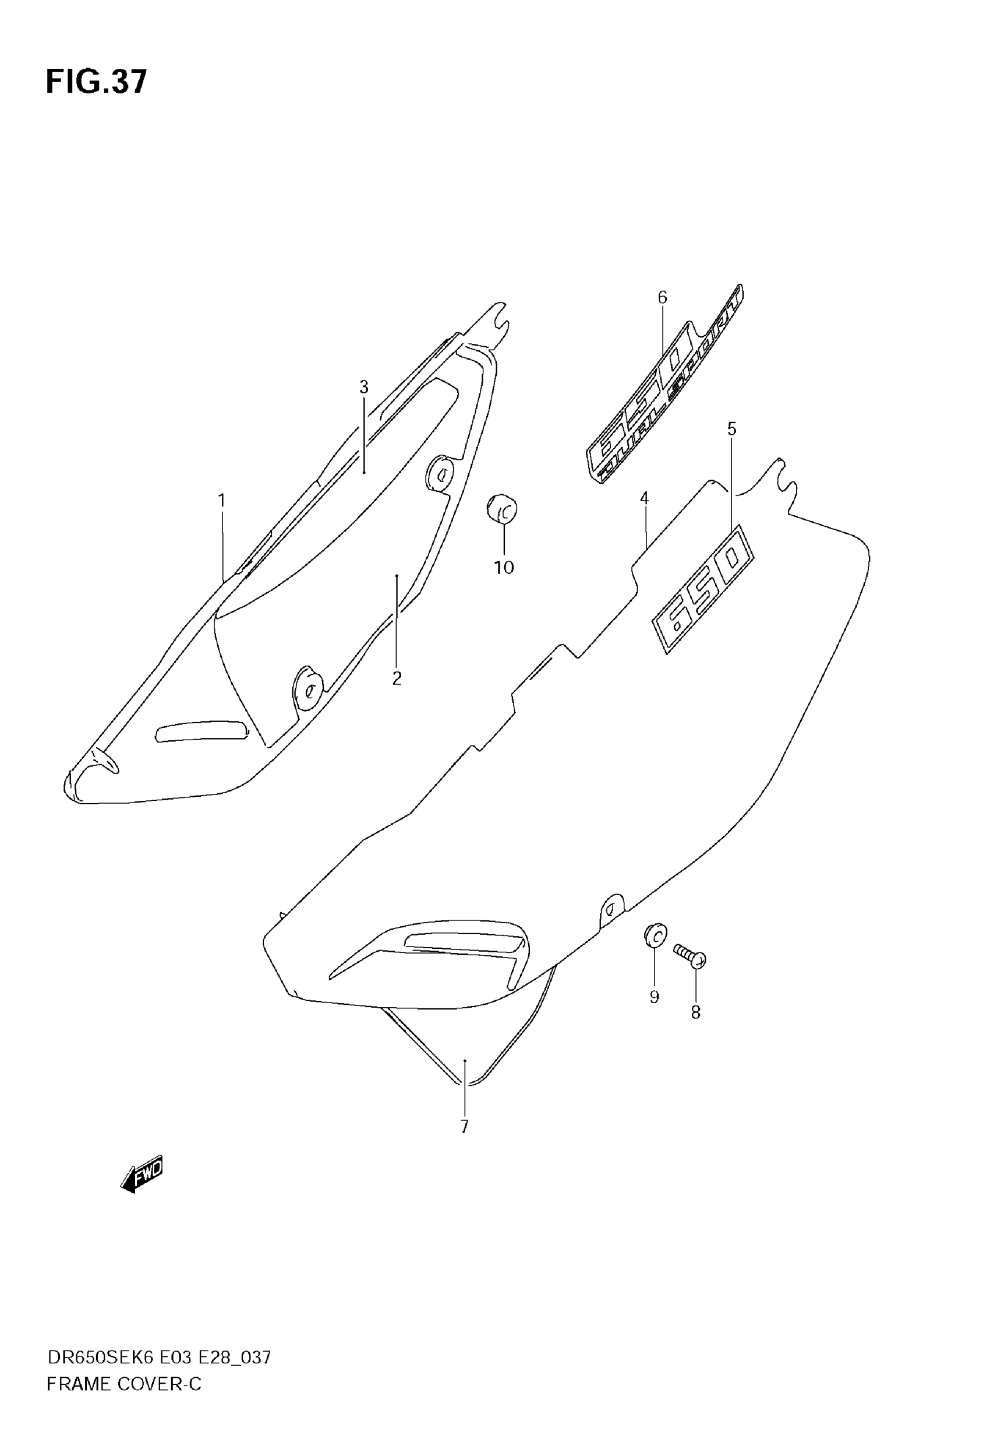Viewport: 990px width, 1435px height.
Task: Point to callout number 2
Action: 397,678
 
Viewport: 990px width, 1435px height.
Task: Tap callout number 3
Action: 364,387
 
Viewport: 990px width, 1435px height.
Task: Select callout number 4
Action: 645,498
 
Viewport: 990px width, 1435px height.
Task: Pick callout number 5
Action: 731,429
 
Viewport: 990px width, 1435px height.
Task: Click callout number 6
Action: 663,298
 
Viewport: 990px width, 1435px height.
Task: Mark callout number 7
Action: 464,1127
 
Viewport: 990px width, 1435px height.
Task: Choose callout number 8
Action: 695,1012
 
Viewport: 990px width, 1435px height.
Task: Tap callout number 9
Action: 654,997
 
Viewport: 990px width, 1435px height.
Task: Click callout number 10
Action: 504,567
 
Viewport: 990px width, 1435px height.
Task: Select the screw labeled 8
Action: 689,956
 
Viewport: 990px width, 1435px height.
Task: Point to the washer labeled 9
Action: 655,951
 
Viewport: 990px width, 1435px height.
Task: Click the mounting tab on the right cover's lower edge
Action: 611,910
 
